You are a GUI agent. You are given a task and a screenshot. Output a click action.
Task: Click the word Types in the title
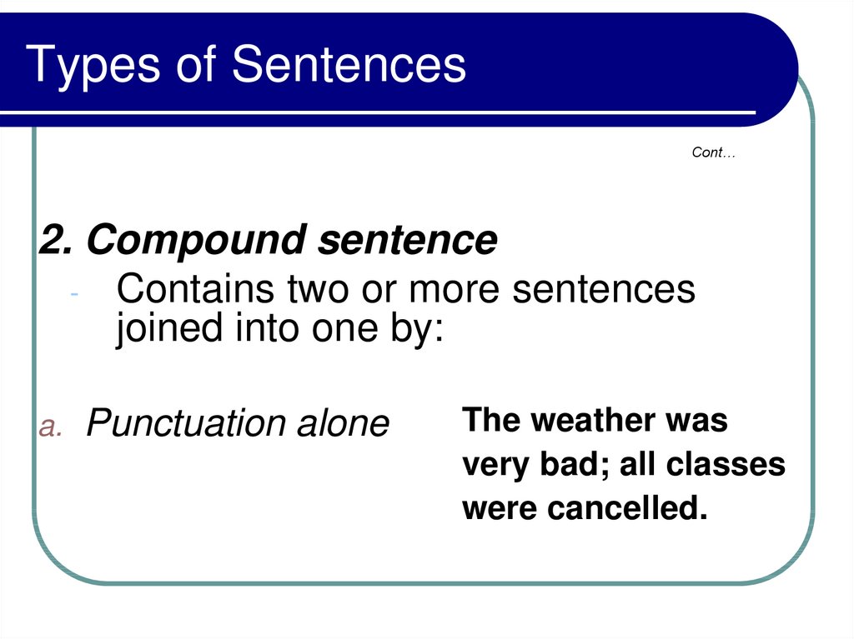pyautogui.click(x=93, y=67)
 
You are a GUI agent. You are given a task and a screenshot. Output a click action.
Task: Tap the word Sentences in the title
pyautogui.click(x=349, y=63)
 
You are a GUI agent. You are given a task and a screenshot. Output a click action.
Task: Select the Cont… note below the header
pyautogui.click(x=714, y=152)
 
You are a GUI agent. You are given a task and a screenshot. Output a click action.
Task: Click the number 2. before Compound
pyautogui.click(x=56, y=239)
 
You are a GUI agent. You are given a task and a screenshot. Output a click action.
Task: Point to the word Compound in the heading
pyautogui.click(x=196, y=241)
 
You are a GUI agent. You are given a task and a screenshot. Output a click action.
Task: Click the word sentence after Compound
pyautogui.click(x=407, y=240)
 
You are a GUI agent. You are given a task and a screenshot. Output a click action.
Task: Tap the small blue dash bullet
pyautogui.click(x=74, y=294)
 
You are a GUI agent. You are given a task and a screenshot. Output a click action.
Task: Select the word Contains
pyautogui.click(x=195, y=288)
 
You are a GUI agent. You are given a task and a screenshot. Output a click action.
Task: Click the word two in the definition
pyautogui.click(x=319, y=290)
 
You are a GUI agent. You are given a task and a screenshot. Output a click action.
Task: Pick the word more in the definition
pyautogui.click(x=454, y=291)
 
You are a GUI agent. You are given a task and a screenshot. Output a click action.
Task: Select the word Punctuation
pyautogui.click(x=186, y=423)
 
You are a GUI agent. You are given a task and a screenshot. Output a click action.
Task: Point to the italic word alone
pyautogui.click(x=343, y=423)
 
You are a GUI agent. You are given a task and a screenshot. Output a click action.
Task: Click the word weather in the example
pyautogui.click(x=593, y=420)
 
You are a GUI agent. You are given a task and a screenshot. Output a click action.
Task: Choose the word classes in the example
pyautogui.click(x=726, y=464)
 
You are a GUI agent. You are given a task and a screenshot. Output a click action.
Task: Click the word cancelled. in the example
pyautogui.click(x=627, y=508)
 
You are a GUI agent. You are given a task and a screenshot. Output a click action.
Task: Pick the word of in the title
pyautogui.click(x=196, y=63)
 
